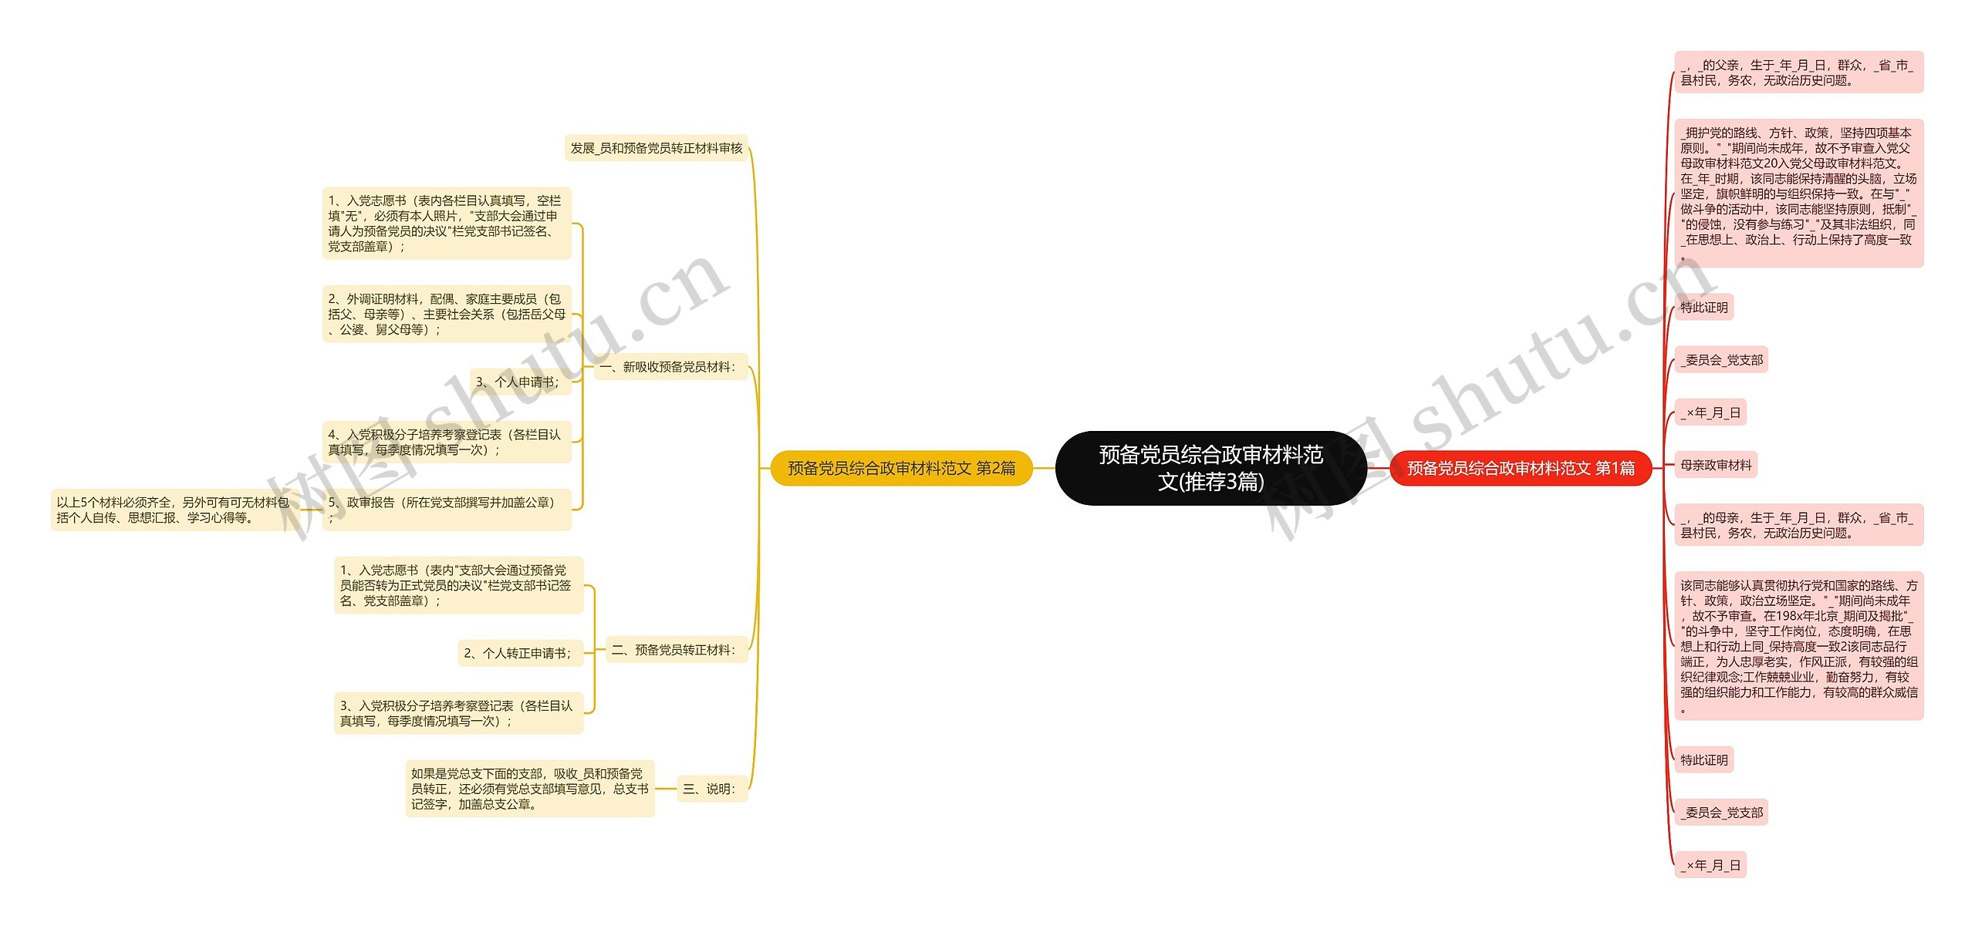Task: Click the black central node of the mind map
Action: (1210, 468)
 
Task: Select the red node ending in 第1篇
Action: (1520, 468)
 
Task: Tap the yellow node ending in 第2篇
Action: (901, 468)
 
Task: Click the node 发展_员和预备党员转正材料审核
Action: (656, 148)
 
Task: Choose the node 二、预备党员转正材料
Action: (673, 650)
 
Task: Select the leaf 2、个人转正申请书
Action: (517, 653)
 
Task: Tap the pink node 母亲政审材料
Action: (1715, 465)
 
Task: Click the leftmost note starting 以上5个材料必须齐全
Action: (172, 510)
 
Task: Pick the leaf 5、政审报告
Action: (446, 510)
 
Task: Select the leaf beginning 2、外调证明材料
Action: (446, 314)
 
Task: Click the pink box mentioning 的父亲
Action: (1798, 72)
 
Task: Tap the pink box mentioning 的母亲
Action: (1798, 525)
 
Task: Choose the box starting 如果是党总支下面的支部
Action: (529, 789)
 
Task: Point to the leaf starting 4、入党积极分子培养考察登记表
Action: (446, 442)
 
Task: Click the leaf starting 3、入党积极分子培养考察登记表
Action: (457, 713)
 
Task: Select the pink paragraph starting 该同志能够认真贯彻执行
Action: (1798, 646)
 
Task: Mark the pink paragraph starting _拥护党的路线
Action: (1798, 194)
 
